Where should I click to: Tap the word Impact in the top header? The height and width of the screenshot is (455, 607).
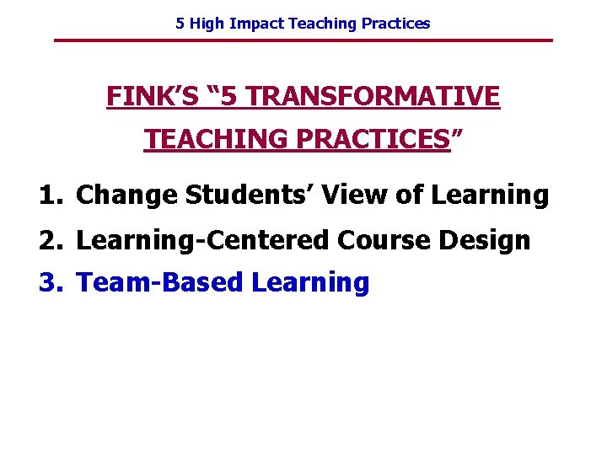[x=257, y=24]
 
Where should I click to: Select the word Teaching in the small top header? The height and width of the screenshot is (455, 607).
[x=324, y=24]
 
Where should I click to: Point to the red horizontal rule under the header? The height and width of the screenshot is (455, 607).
[x=303, y=40]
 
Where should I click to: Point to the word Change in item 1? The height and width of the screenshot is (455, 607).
[x=127, y=195]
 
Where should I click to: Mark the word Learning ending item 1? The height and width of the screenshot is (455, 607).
[x=490, y=195]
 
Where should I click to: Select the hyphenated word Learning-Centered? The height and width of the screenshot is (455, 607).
[x=202, y=241]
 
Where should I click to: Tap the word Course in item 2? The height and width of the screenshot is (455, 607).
[x=384, y=241]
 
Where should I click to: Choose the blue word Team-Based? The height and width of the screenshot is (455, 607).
[x=160, y=283]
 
